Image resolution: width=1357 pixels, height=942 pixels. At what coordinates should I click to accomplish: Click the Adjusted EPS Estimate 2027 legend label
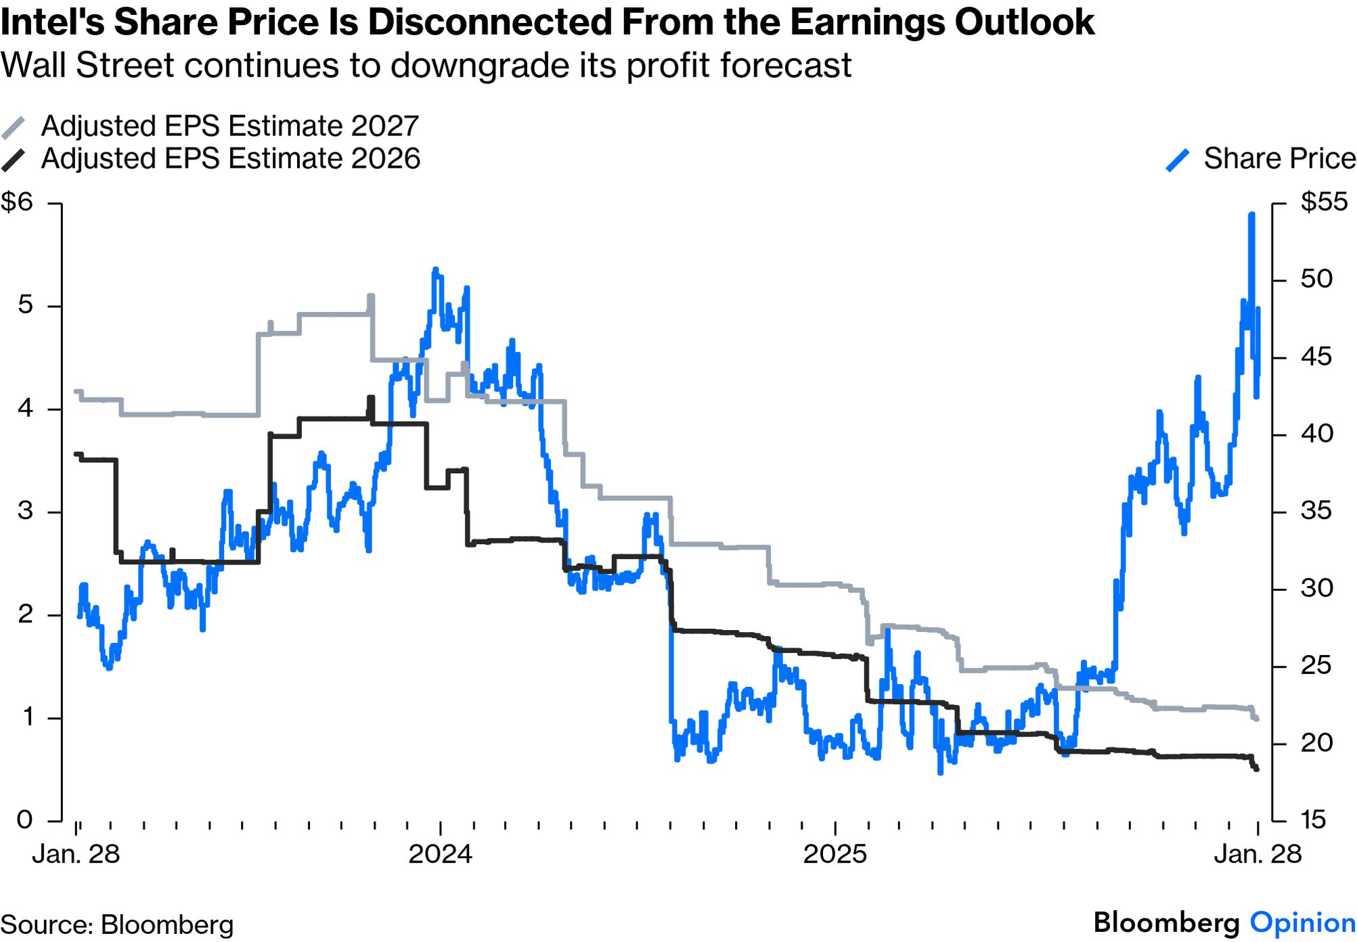(230, 127)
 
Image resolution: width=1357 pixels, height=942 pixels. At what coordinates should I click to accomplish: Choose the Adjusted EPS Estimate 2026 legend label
(231, 159)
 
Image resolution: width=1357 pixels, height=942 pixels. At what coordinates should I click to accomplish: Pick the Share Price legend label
(1279, 159)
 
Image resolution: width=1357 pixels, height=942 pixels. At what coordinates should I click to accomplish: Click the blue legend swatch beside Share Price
(1178, 160)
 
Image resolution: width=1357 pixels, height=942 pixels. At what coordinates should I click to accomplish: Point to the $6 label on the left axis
(18, 202)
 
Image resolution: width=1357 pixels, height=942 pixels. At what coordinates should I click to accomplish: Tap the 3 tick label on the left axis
(25, 511)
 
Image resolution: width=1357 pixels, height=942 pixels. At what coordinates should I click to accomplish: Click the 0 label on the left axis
(25, 820)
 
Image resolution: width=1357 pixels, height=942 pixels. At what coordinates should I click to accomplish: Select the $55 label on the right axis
(1324, 202)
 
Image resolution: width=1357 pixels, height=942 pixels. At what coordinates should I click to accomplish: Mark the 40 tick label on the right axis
(1316, 434)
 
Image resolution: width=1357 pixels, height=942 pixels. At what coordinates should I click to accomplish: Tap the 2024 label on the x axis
(440, 854)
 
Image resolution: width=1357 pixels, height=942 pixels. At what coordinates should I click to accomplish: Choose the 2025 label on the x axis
(835, 854)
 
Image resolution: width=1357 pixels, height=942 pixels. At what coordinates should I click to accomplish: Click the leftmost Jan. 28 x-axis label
(76, 854)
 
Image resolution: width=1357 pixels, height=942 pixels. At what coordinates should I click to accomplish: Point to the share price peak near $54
(1252, 215)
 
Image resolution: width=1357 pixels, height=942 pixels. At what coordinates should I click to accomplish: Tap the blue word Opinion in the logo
(1302, 923)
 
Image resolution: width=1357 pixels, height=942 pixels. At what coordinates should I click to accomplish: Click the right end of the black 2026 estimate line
(1257, 769)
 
